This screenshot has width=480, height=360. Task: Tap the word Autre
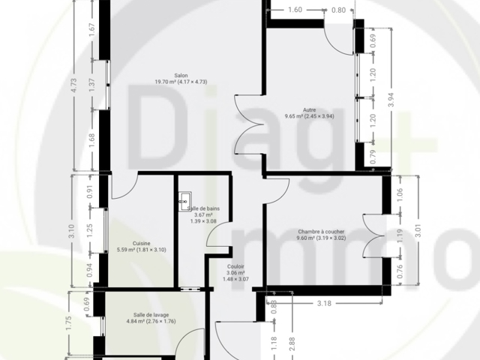[310, 110]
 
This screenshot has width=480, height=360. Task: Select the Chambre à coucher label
[321, 232]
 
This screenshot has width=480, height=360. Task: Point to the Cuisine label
[142, 243]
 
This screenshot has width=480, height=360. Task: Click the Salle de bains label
[203, 208]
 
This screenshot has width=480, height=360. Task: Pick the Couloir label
[235, 267]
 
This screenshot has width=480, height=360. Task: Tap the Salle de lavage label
[151, 315]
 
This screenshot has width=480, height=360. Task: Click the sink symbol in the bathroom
[185, 202]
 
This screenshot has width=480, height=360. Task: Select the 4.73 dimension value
[73, 85]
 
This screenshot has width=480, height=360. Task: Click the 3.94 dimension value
[391, 100]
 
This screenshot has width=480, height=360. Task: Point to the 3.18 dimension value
[324, 303]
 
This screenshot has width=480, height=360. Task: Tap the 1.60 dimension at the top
[295, 10]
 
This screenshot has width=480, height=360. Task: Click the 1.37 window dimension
[91, 85]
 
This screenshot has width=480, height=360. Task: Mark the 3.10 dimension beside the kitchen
[71, 231]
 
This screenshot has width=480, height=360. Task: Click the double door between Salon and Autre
[249, 124]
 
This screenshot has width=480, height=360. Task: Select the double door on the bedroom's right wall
[373, 235]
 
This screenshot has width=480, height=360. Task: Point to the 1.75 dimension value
[68, 323]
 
